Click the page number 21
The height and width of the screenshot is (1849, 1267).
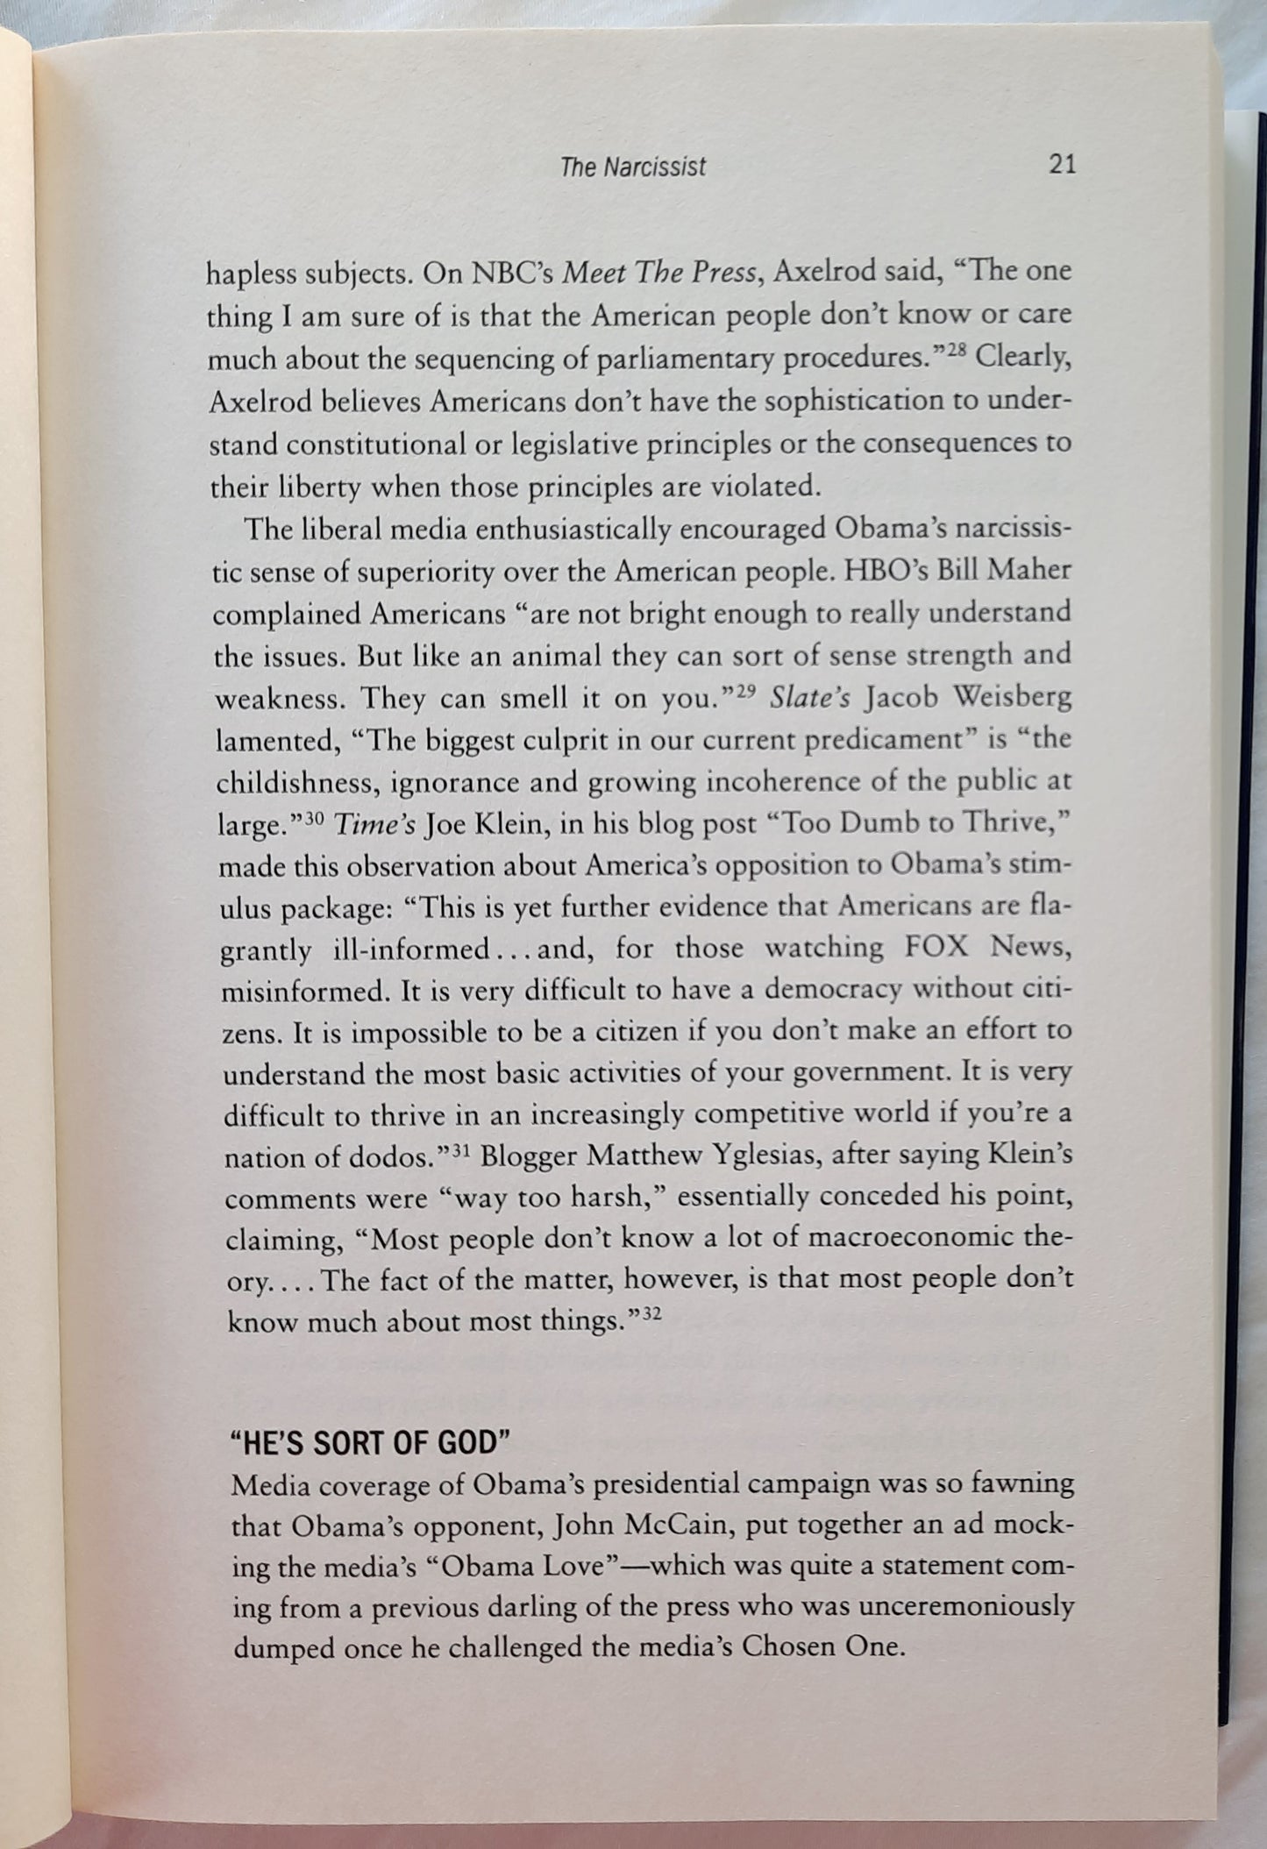[x=1061, y=164]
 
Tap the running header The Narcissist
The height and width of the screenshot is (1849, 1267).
[x=632, y=167]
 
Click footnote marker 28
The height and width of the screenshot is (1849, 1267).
[x=951, y=351]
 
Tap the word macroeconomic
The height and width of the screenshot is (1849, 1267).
[x=912, y=1239]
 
